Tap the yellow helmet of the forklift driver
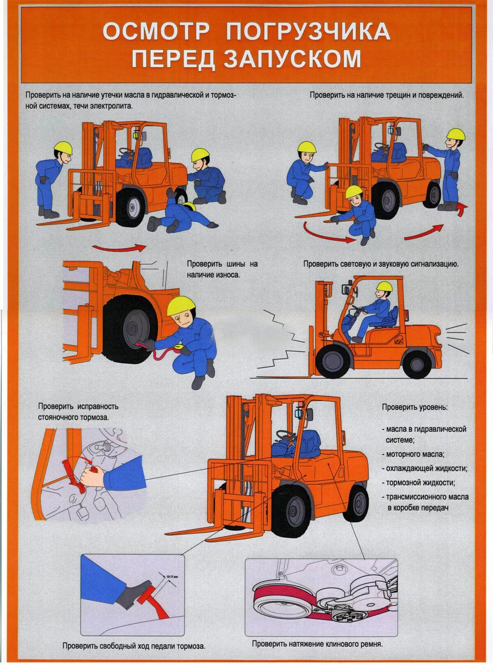click(385, 286)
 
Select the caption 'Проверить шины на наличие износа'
click(222, 268)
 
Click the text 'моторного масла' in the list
click(415, 454)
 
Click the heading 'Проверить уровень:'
click(415, 407)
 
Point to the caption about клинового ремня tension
click(317, 643)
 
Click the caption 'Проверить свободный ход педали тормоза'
click(134, 646)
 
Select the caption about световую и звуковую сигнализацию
click(381, 264)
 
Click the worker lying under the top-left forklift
click(181, 216)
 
